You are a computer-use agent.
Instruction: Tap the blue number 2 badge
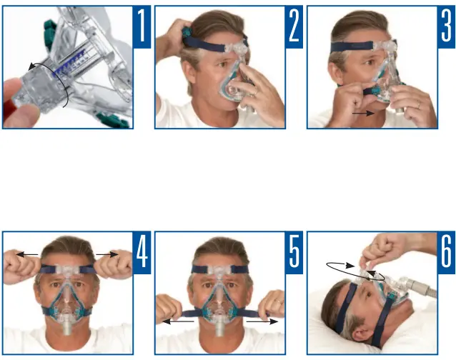click(x=294, y=26)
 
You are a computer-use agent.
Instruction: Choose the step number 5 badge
click(x=294, y=251)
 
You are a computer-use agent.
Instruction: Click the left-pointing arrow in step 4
click(x=26, y=254)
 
